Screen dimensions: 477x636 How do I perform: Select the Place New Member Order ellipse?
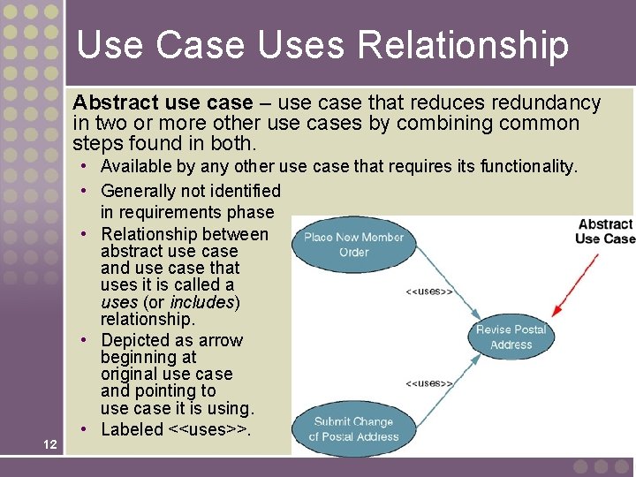click(352, 245)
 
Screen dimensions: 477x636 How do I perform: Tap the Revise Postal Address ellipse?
click(511, 337)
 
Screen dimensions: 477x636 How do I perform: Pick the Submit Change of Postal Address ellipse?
click(352, 428)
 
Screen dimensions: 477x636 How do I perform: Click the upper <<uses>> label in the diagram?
click(429, 291)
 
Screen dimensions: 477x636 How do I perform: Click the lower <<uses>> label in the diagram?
click(429, 383)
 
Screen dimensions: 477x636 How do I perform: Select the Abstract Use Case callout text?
click(604, 231)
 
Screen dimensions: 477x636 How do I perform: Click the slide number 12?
click(50, 444)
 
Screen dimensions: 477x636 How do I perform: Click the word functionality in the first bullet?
click(529, 166)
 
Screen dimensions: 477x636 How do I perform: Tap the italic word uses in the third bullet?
click(118, 302)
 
